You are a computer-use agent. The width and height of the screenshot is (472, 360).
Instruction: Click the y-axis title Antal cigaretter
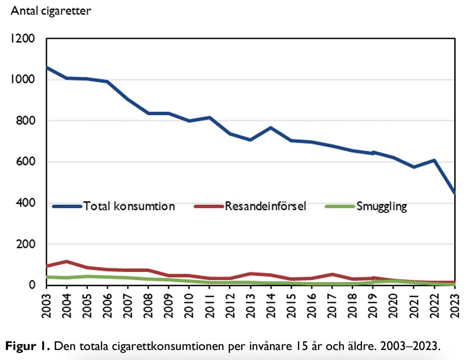tap(51, 11)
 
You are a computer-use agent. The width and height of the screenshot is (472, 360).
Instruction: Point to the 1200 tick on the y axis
tap(22, 39)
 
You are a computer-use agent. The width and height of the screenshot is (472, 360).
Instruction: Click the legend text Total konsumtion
tap(129, 206)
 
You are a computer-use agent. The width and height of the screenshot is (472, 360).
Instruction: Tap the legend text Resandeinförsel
tap(265, 206)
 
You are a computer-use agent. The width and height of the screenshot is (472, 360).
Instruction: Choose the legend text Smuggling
tap(382, 206)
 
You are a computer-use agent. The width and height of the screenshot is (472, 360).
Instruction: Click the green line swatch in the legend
tap(340, 206)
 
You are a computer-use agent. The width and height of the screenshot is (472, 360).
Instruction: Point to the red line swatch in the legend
tap(209, 206)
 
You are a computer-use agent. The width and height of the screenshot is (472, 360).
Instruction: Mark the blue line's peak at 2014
tap(271, 128)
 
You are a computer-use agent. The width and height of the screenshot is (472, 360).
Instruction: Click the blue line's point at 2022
tap(434, 160)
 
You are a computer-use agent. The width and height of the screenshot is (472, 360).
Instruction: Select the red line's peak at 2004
tap(67, 262)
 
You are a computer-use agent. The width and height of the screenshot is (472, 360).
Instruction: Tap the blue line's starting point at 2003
tap(47, 67)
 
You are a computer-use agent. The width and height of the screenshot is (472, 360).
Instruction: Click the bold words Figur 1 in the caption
tap(27, 346)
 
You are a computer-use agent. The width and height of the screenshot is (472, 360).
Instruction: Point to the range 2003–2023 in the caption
tap(410, 346)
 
